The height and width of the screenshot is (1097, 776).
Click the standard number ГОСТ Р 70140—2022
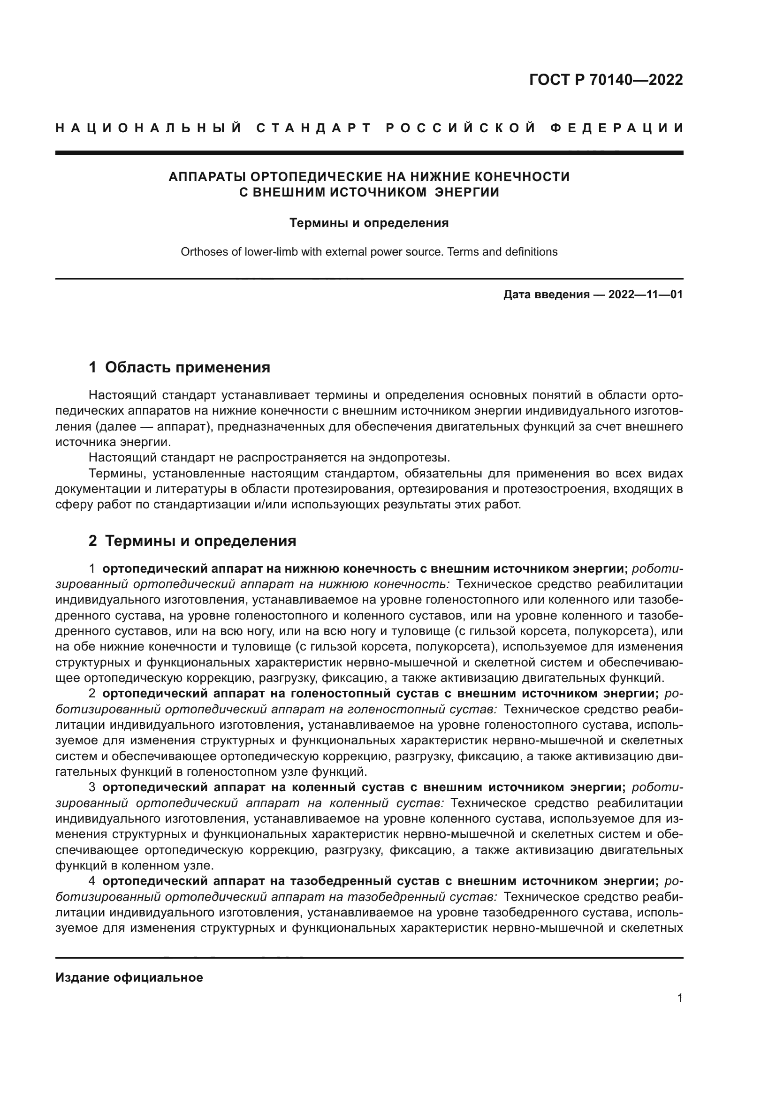pos(606,80)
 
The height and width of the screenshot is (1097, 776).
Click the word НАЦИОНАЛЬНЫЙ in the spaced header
pos(149,128)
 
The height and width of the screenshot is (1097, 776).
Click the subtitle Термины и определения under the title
pos(369,223)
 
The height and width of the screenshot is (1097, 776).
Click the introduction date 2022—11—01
pos(646,295)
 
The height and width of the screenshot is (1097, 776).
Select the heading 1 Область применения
pos(179,367)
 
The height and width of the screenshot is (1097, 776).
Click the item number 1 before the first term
pos(92,568)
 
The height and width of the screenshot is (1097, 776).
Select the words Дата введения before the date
pos(546,295)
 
